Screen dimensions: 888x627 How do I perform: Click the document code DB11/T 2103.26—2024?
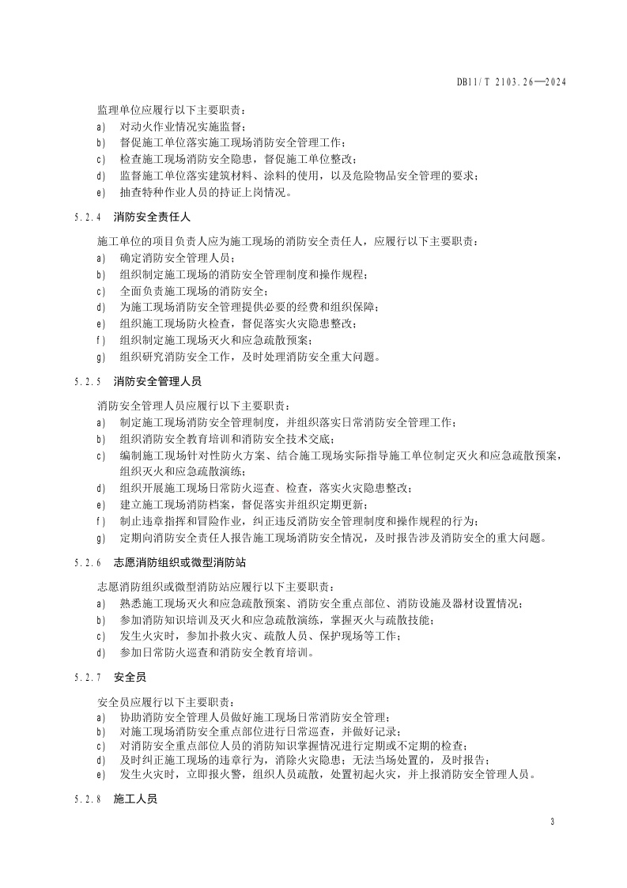[512, 81]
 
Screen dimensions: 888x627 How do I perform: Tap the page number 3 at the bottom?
[552, 822]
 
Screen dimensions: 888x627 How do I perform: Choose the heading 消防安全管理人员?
[153, 381]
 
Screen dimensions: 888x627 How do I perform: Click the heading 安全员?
[130, 678]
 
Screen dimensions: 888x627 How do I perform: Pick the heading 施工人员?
[136, 799]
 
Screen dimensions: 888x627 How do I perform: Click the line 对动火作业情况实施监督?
[183, 127]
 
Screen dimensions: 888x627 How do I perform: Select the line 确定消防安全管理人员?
[178, 258]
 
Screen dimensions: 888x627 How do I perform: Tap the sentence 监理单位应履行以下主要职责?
[172, 110]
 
